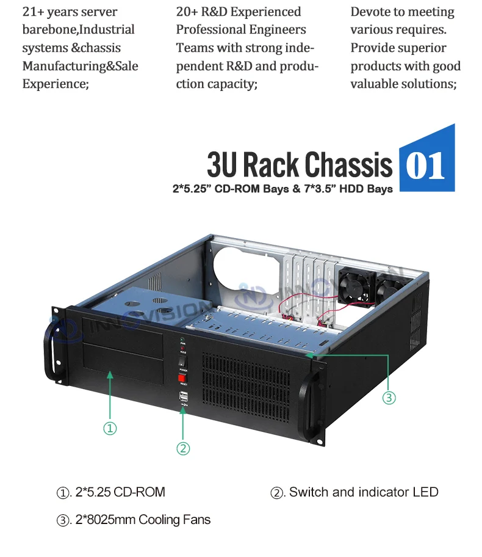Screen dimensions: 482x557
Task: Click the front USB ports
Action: pos(182,398)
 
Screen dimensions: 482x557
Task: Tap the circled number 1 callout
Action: pos(110,429)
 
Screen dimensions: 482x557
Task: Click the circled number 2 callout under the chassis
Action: pos(183,448)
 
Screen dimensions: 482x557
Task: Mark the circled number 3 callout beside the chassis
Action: pos(389,398)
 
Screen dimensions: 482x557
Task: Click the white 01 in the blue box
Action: pos(426,166)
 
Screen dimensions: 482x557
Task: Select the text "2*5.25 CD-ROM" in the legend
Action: pos(120,492)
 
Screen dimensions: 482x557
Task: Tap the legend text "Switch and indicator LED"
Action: pos(364,492)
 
